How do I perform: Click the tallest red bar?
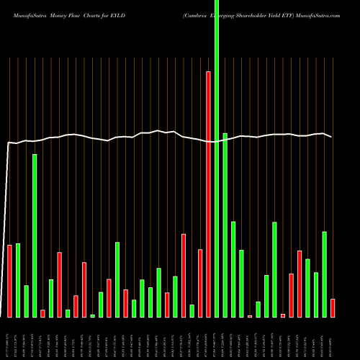click(x=209, y=194)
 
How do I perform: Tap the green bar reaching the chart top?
click(x=217, y=158)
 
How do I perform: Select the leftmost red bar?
click(x=10, y=281)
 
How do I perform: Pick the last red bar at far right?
click(x=333, y=308)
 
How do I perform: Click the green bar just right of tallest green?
click(x=225, y=225)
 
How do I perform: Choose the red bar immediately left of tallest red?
click(x=200, y=283)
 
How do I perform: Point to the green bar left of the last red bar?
click(x=324, y=274)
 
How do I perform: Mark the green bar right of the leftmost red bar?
click(x=18, y=280)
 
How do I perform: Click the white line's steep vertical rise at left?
click(x=6, y=230)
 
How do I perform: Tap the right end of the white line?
click(x=332, y=137)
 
